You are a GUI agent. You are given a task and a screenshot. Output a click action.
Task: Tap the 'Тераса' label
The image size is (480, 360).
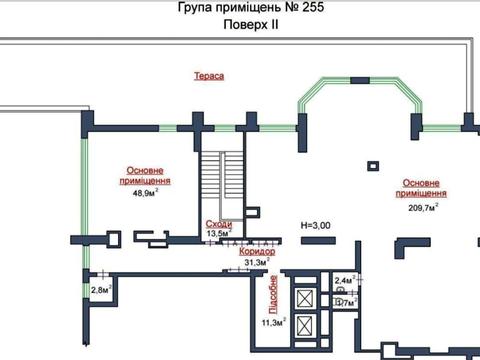tap(209, 76)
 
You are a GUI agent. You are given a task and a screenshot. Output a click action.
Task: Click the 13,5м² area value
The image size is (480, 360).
tap(218, 234)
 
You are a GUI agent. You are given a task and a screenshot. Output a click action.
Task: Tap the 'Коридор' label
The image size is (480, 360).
tap(257, 251)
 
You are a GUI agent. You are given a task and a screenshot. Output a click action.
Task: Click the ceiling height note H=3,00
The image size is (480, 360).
tap(317, 226)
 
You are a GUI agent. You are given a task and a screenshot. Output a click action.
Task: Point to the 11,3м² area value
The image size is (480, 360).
tap(273, 322)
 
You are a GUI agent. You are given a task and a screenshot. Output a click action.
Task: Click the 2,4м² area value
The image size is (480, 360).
tap(345, 282)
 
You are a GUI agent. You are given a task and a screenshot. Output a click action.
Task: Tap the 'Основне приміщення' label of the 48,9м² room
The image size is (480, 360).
tap(147, 176)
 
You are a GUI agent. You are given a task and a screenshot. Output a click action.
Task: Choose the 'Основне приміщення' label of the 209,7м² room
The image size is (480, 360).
tap(423, 188)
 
